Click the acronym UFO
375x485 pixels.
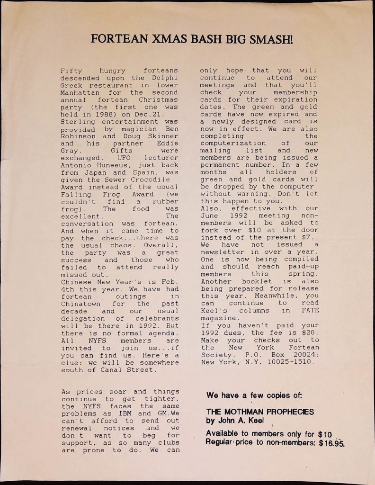tap(125, 158)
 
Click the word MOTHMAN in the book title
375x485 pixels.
tap(243, 412)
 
